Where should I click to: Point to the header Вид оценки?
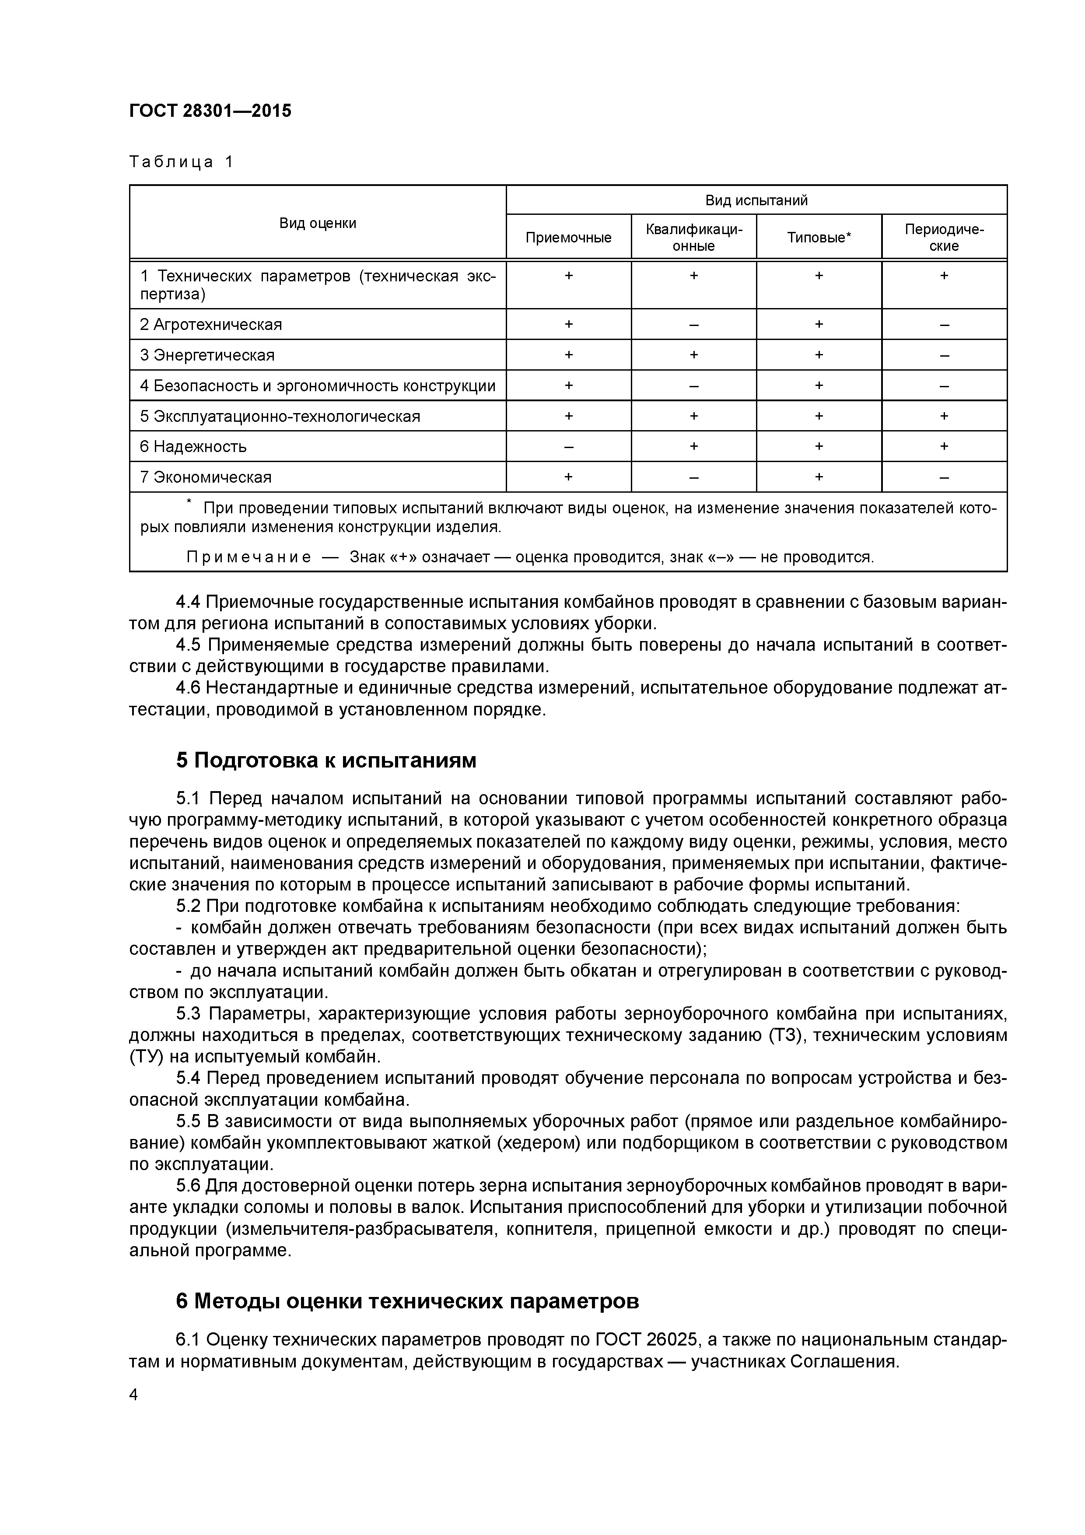click(x=318, y=223)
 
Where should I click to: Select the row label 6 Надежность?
click(x=193, y=447)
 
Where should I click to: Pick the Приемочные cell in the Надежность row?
click(x=568, y=447)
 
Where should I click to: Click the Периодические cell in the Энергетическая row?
click(x=944, y=355)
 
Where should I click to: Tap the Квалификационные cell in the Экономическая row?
click(x=693, y=477)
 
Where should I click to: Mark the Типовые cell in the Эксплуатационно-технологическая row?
click(x=819, y=416)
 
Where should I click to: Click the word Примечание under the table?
click(x=248, y=557)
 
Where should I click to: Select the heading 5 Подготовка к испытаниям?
click(x=326, y=761)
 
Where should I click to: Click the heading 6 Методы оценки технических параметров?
click(x=407, y=1301)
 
